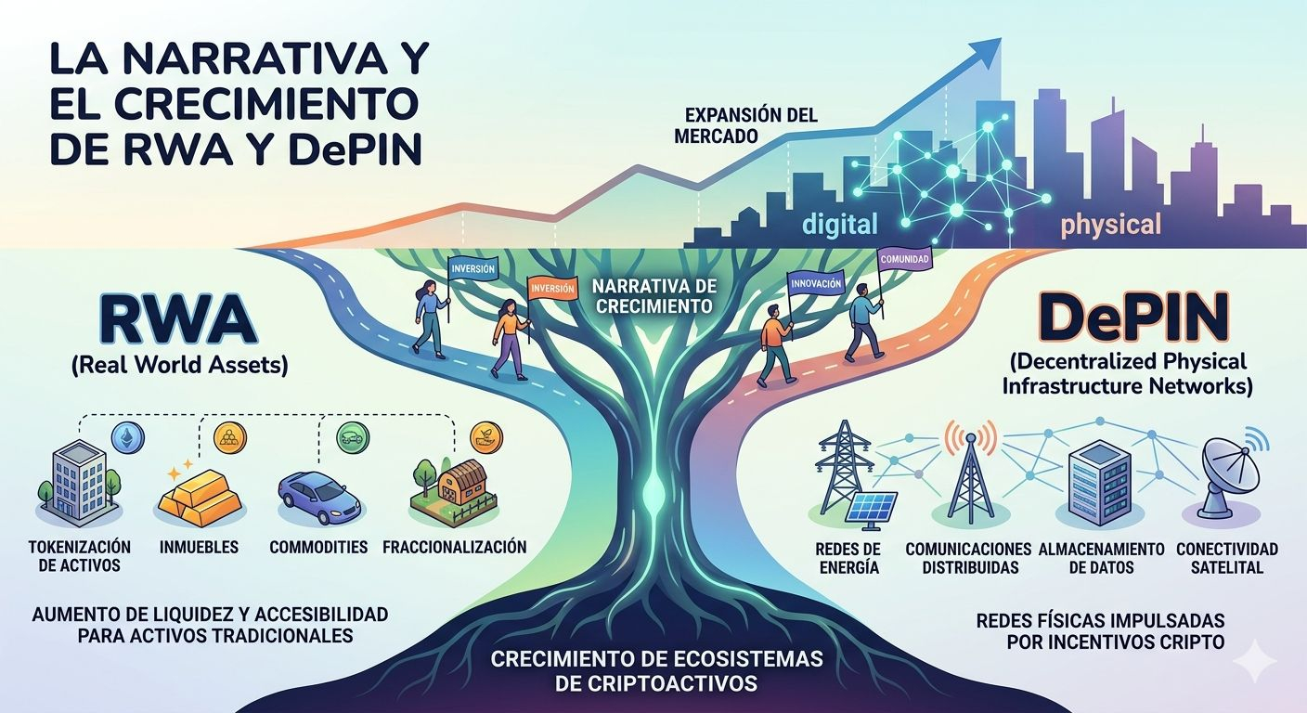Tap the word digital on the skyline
click(x=839, y=224)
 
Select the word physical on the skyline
click(x=1110, y=224)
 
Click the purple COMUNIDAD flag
click(x=903, y=259)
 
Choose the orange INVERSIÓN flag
click(x=552, y=289)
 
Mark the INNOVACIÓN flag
click(x=816, y=282)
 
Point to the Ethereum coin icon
click(x=123, y=436)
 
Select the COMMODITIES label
click(x=318, y=547)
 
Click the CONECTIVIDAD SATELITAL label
click(x=1226, y=557)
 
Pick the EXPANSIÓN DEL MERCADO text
click(x=750, y=124)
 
